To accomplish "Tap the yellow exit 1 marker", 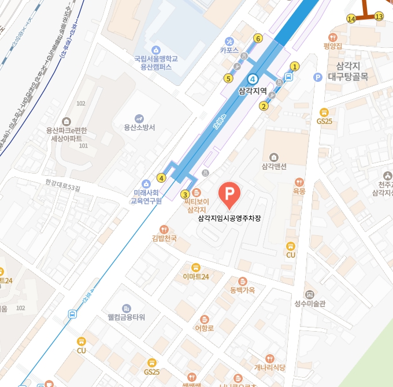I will pos(295,66).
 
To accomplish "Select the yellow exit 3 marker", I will pos(185,194).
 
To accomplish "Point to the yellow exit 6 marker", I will pos(258,39).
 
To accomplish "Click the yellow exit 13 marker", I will pos(379,16).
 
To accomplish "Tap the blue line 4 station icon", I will pos(253,79).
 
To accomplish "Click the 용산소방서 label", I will pos(139,127).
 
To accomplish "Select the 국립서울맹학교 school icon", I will pos(155,50).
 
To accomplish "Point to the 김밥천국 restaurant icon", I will pos(164,229).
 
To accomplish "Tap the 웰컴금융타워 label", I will pos(127,317).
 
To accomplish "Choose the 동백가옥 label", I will pos(242,290).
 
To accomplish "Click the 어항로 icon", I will pos(204,319).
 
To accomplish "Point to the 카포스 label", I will pos(229,50).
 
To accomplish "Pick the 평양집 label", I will pos(333,46).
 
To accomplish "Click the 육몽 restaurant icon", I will pos(299,181).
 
